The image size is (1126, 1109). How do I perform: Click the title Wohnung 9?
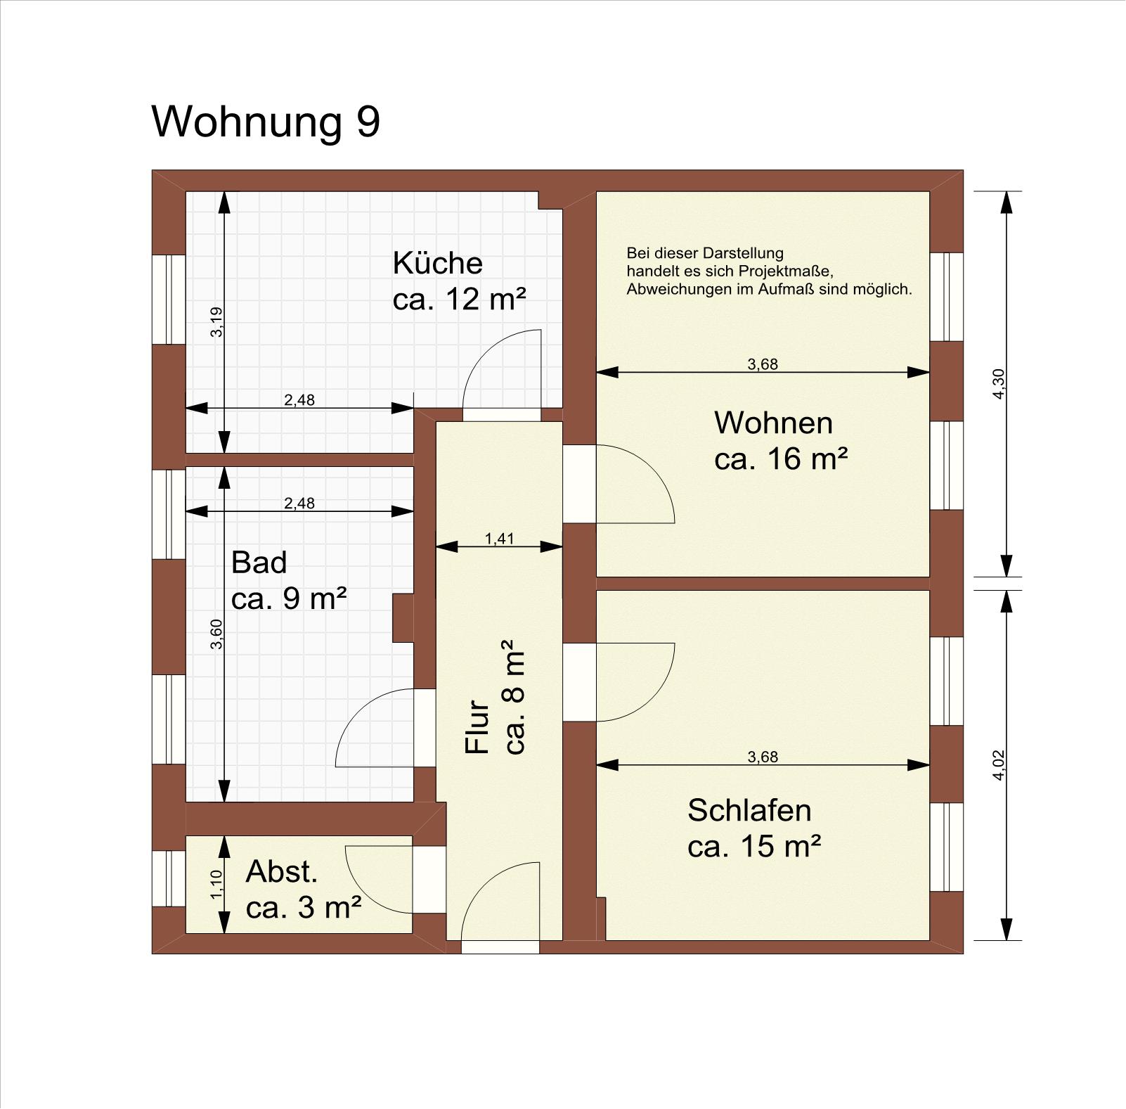[x=266, y=122]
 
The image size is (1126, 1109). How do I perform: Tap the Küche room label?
[x=437, y=263]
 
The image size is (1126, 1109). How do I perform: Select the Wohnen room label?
[x=773, y=423]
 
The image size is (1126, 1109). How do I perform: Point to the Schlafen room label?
[x=749, y=810]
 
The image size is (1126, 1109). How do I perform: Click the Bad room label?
[x=259, y=563]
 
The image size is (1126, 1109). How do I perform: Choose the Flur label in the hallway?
[x=477, y=726]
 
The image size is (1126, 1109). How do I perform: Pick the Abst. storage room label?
[x=282, y=872]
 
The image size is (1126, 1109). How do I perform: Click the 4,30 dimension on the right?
[x=999, y=384]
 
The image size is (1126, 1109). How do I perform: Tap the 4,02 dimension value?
[x=999, y=765]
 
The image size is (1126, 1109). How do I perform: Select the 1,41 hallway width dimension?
[x=500, y=539]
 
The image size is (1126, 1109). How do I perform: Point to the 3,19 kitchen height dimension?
[x=216, y=322]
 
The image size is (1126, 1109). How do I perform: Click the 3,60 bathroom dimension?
[x=216, y=634]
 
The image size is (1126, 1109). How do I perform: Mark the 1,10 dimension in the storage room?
[x=216, y=884]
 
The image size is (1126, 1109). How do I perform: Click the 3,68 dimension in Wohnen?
[x=763, y=364]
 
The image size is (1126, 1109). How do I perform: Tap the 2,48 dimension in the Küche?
[x=299, y=400]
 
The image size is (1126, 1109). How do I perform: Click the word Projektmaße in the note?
[x=792, y=271]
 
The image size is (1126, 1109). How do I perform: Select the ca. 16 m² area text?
[x=781, y=459]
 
